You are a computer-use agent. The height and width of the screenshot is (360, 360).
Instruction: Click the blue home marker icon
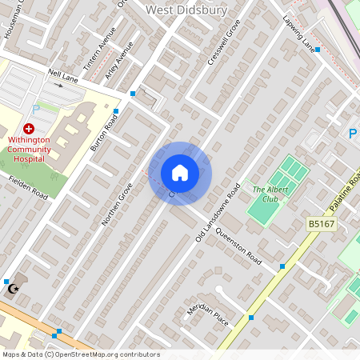point(180,173)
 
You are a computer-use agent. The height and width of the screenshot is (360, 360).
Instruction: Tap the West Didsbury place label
point(186,10)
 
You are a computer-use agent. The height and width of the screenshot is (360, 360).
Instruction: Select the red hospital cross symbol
point(30,128)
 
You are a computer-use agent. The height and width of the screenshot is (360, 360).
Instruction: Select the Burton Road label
point(104,133)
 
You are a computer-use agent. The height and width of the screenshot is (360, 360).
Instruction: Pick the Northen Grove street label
point(116,204)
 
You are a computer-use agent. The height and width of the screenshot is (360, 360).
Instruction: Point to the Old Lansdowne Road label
point(218,213)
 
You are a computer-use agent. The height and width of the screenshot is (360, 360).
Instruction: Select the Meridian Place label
point(208,314)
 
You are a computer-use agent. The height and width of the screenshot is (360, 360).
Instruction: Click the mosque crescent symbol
point(12,289)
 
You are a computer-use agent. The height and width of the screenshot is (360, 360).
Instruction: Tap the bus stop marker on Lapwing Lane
point(318,50)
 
